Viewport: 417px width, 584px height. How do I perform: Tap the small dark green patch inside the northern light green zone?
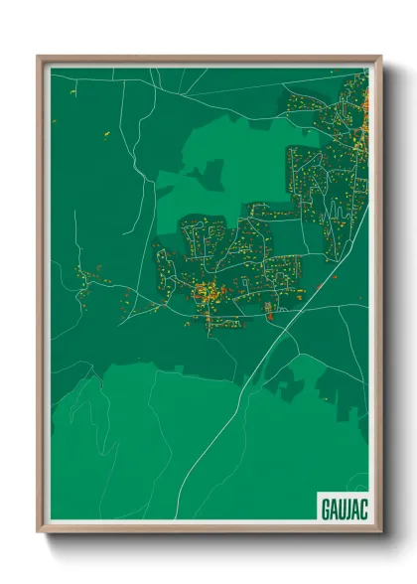coord(209,176)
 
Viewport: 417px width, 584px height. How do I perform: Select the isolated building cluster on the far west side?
coord(92,274)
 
